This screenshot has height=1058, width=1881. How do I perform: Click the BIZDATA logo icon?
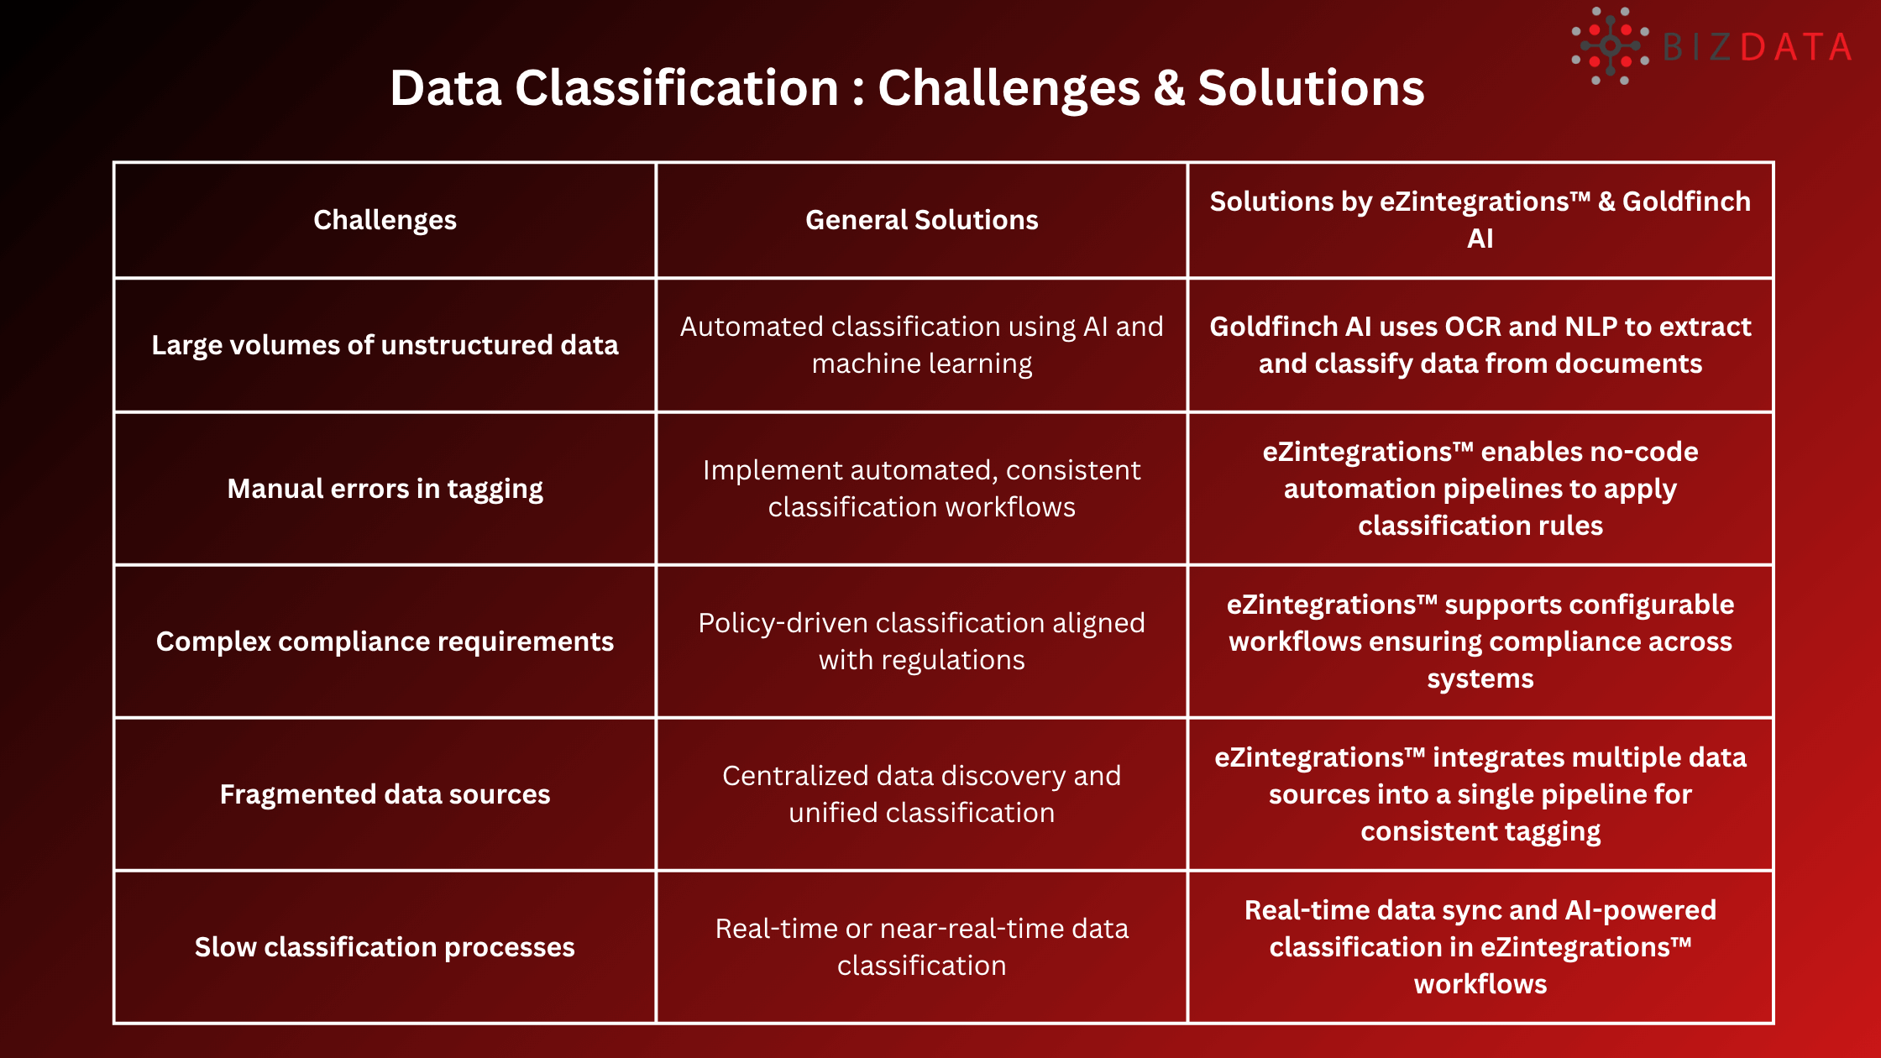(1610, 46)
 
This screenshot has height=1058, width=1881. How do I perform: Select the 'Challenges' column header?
(385, 220)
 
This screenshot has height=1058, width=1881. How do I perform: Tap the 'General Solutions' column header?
(921, 220)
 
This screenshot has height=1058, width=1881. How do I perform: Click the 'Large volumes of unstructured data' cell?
(385, 345)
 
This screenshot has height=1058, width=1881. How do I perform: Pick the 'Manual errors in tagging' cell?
(385, 489)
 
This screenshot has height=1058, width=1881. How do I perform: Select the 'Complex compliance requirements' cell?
(385, 642)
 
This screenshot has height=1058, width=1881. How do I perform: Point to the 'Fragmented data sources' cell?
(385, 794)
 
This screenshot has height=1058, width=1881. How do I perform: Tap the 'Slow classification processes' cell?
(385, 947)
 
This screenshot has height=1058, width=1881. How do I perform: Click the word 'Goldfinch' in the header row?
(1686, 202)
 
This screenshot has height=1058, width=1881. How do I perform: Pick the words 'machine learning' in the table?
(921, 364)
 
